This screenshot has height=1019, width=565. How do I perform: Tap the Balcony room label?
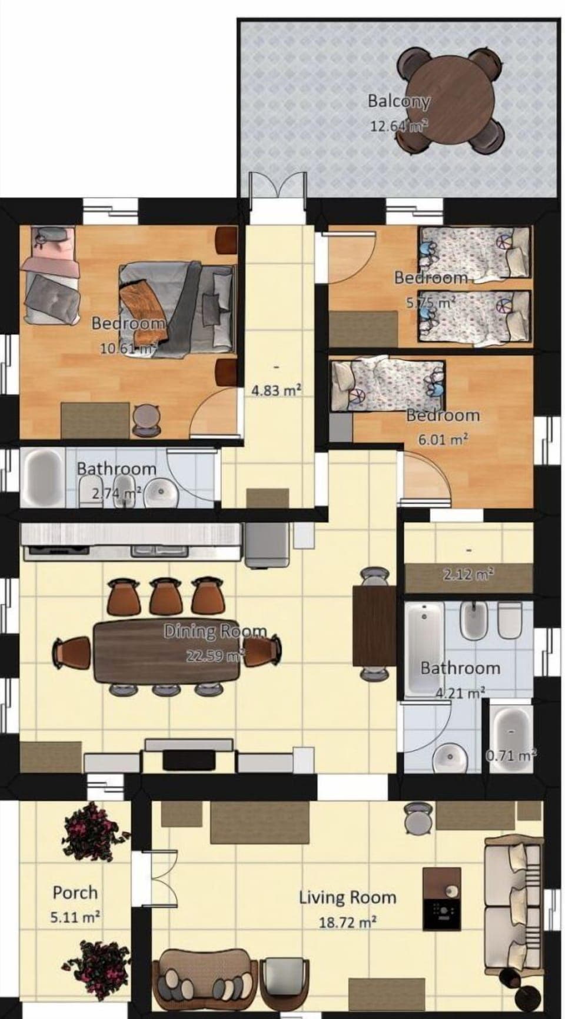point(398,101)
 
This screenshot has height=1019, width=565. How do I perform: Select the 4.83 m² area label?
point(277,390)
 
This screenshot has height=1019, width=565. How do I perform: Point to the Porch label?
point(75,893)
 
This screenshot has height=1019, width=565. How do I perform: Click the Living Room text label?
point(347,898)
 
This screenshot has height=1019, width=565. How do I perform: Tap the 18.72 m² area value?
point(347,922)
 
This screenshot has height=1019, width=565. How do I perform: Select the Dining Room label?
point(215,632)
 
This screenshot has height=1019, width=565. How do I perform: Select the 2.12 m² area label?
point(468,574)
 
